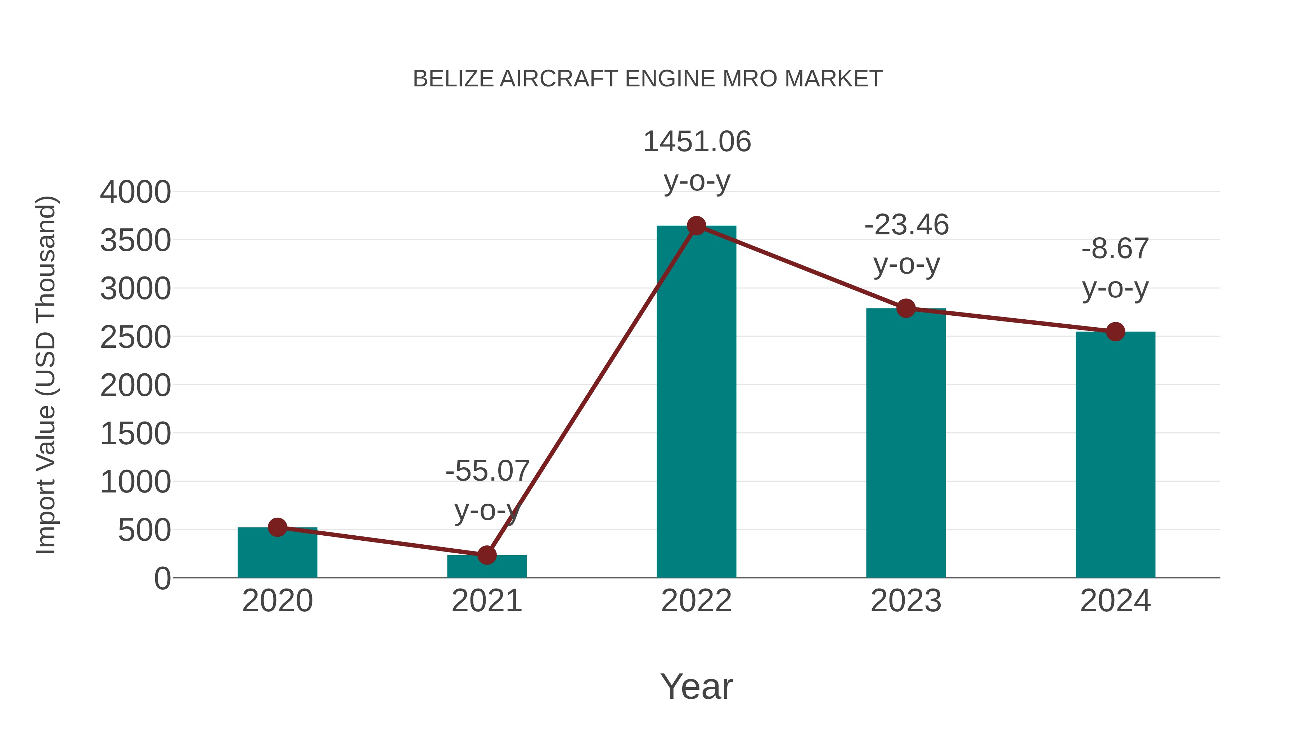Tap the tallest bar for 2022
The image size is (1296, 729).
pyautogui.click(x=696, y=402)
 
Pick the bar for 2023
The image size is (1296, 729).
pyautogui.click(x=906, y=443)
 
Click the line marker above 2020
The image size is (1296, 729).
pyautogui.click(x=277, y=527)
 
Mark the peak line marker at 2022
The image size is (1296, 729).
pyautogui.click(x=696, y=226)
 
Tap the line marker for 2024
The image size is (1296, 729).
pyautogui.click(x=1115, y=332)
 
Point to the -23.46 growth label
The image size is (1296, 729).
pyautogui.click(x=906, y=225)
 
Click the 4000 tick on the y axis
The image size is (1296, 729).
pyautogui.click(x=135, y=192)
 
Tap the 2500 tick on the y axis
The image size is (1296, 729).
pyautogui.click(x=135, y=337)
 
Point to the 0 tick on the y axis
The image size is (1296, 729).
pyautogui.click(x=162, y=579)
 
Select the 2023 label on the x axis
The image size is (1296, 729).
pyautogui.click(x=906, y=601)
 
